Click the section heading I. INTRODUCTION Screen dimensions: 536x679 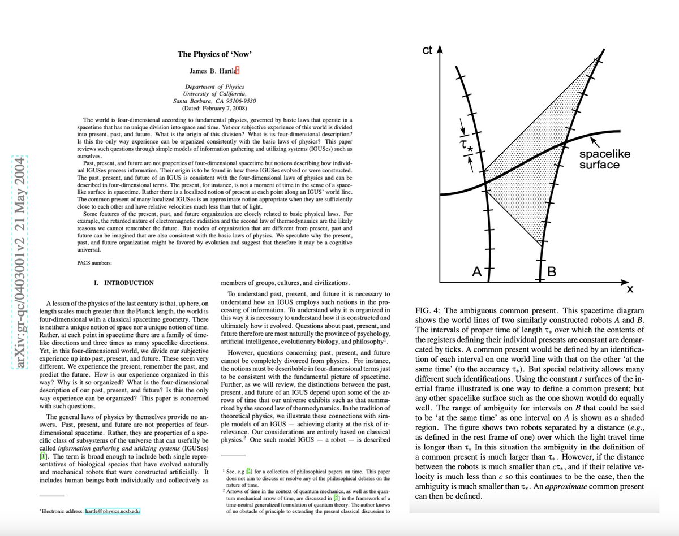point(123,283)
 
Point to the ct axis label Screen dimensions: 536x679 point(427,51)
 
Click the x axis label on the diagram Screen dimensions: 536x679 point(629,289)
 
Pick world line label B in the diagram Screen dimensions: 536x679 point(551,272)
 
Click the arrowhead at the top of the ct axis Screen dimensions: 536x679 point(440,49)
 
